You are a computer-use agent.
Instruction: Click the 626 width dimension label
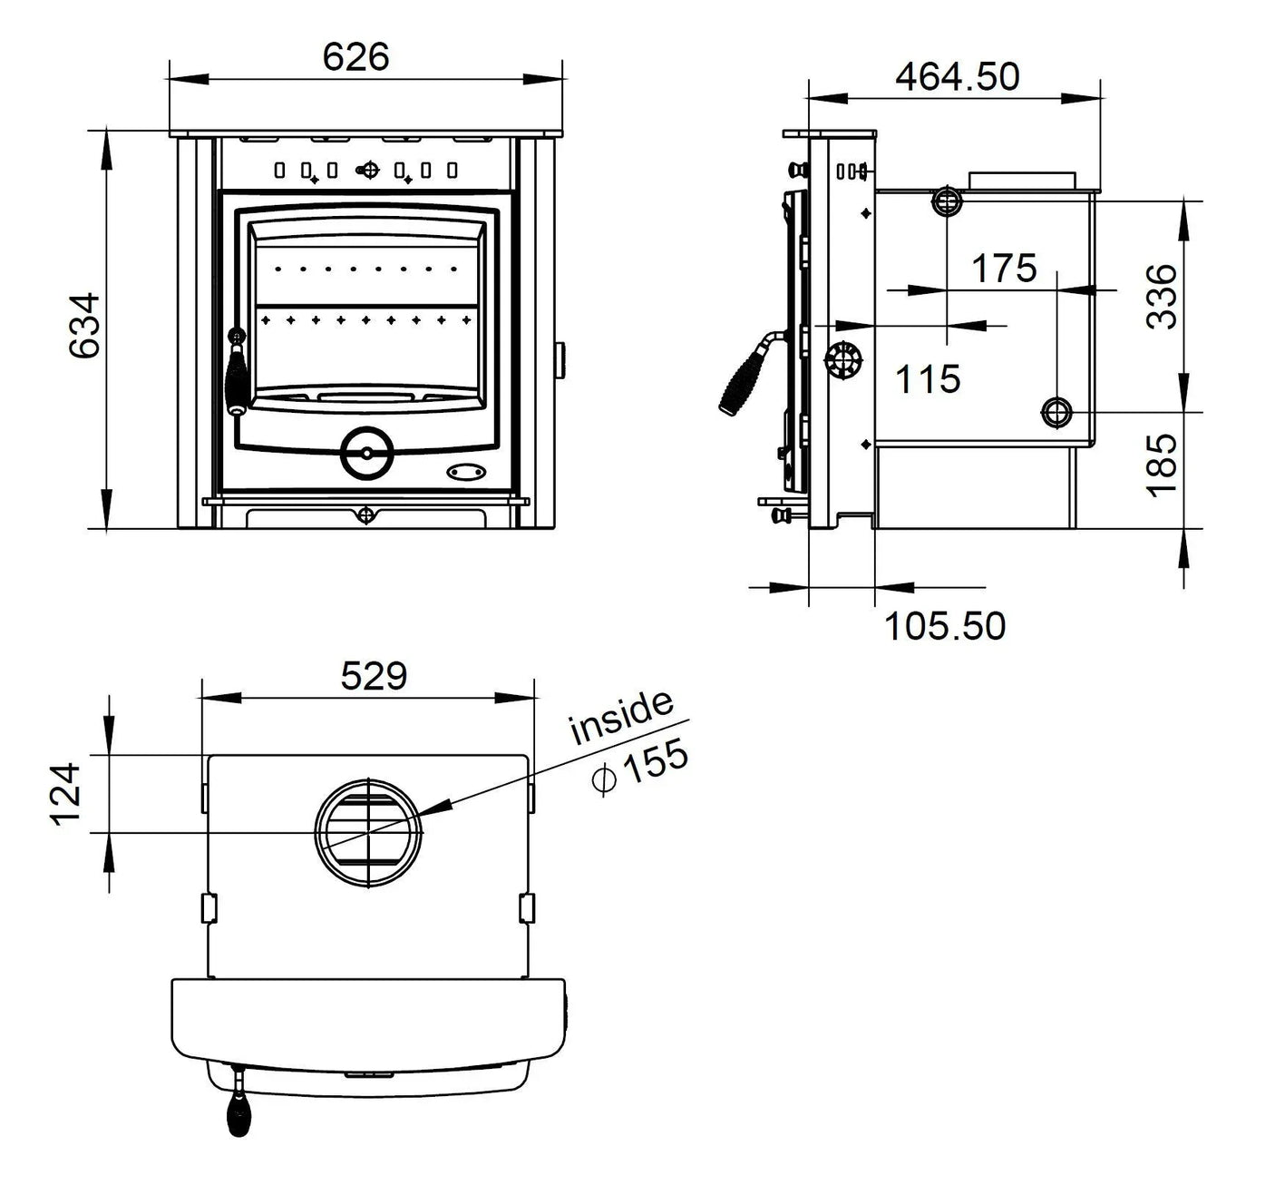click(x=355, y=57)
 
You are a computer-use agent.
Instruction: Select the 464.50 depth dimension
click(x=958, y=76)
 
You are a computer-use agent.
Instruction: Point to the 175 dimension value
click(x=1003, y=269)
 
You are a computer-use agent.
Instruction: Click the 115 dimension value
click(x=927, y=378)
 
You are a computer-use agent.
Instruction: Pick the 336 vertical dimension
click(x=1162, y=296)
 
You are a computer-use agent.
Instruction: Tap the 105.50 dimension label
click(x=944, y=626)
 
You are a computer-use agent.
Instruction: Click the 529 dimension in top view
click(x=374, y=676)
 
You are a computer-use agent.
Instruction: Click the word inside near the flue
click(x=622, y=716)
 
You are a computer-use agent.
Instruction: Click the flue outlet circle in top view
click(x=368, y=832)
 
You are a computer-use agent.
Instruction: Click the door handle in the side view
click(x=747, y=376)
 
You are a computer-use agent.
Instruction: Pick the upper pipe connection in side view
click(x=946, y=201)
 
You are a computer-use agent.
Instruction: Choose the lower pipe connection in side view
click(x=1056, y=413)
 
